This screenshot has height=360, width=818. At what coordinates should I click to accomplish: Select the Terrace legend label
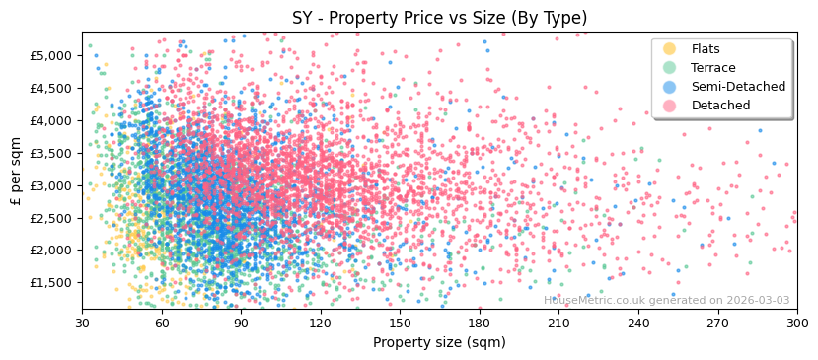pos(713,68)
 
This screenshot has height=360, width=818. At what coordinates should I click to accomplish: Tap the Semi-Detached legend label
pos(738,87)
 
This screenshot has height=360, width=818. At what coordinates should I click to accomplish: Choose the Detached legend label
pos(720,106)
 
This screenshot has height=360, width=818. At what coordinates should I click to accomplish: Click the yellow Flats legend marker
pos(670,49)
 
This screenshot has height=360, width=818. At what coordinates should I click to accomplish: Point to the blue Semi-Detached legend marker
pos(670,87)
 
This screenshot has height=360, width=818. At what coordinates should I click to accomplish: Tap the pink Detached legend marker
pos(670,106)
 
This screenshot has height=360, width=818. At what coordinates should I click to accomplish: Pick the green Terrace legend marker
pos(670,68)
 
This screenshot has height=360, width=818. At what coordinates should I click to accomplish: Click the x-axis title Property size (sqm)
pos(439,343)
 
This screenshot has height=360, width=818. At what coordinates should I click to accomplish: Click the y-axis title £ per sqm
pos(16,170)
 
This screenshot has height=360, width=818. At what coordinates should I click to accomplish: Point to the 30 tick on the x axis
pos(83,323)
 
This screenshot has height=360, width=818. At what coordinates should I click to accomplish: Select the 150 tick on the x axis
pos(401,323)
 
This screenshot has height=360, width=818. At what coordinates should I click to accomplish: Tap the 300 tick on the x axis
pos(797,323)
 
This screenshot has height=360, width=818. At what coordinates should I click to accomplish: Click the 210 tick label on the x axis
pos(559,323)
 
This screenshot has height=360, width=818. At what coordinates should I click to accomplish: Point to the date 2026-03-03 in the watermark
pos(759,300)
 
